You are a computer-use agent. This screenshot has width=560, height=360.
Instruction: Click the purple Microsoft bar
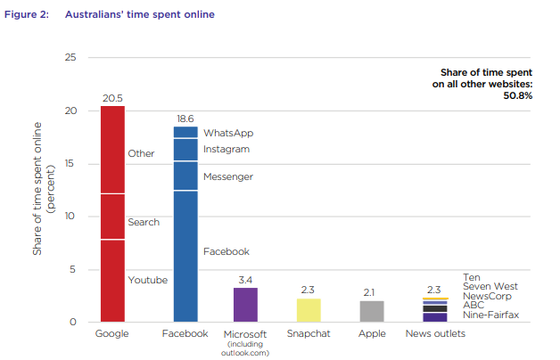click(245, 304)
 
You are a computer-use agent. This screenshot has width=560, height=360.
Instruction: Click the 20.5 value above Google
click(112, 98)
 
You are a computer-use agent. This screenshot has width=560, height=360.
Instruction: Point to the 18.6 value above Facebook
click(185, 119)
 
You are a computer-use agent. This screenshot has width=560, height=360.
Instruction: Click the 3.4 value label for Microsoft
click(245, 280)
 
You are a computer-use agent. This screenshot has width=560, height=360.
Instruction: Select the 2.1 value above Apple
click(372, 292)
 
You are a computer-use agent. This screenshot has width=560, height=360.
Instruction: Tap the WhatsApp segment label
click(228, 133)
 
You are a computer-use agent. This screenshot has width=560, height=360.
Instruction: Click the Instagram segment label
click(226, 149)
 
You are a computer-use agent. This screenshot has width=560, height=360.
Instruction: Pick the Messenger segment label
click(228, 176)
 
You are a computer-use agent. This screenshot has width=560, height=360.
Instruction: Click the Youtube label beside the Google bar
click(148, 280)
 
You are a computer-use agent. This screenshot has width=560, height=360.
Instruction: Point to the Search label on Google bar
click(144, 222)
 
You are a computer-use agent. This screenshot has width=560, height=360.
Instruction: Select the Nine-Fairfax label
click(490, 314)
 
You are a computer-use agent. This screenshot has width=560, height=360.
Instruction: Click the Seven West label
click(490, 286)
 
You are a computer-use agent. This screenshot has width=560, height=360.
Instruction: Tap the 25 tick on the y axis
click(70, 58)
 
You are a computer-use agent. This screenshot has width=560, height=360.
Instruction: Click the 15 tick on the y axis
click(70, 164)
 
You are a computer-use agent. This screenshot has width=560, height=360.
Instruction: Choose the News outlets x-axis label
click(435, 334)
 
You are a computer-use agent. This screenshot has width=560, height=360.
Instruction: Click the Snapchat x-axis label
click(309, 334)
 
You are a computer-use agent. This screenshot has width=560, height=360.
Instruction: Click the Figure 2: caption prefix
click(24, 14)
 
